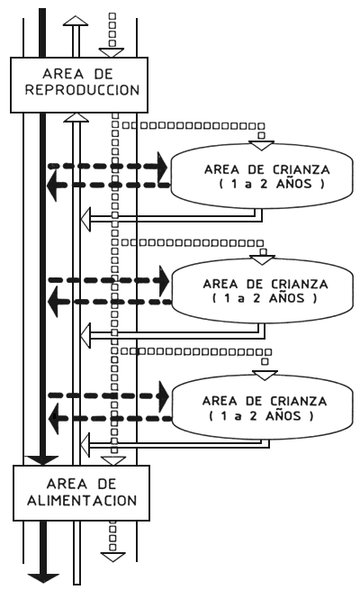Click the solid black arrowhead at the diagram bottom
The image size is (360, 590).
(x=40, y=577)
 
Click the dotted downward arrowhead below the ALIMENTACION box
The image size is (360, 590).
(x=112, y=556)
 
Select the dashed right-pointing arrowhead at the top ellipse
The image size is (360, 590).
(x=162, y=166)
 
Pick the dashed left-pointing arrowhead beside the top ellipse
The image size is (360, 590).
(x=56, y=184)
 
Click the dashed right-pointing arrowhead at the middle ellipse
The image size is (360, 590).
(x=162, y=280)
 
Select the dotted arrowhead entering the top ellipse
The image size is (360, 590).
(x=261, y=143)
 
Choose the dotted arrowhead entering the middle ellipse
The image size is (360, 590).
(x=262, y=259)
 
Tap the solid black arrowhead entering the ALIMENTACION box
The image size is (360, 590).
(x=40, y=460)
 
